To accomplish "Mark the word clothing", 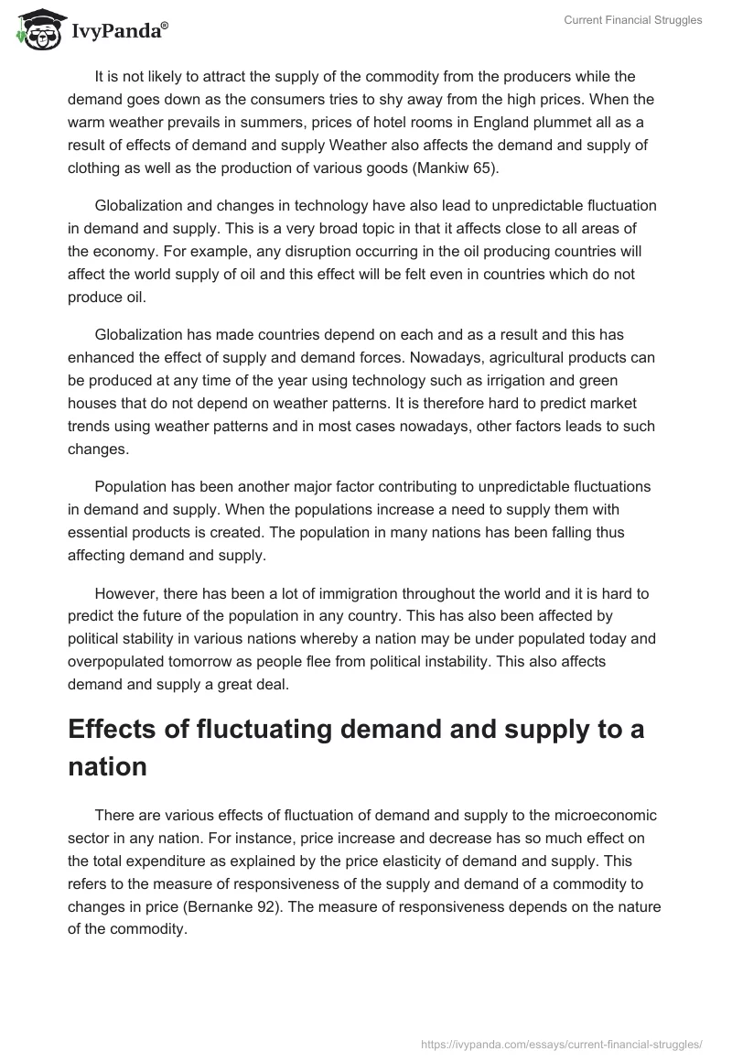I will (x=99, y=168).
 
